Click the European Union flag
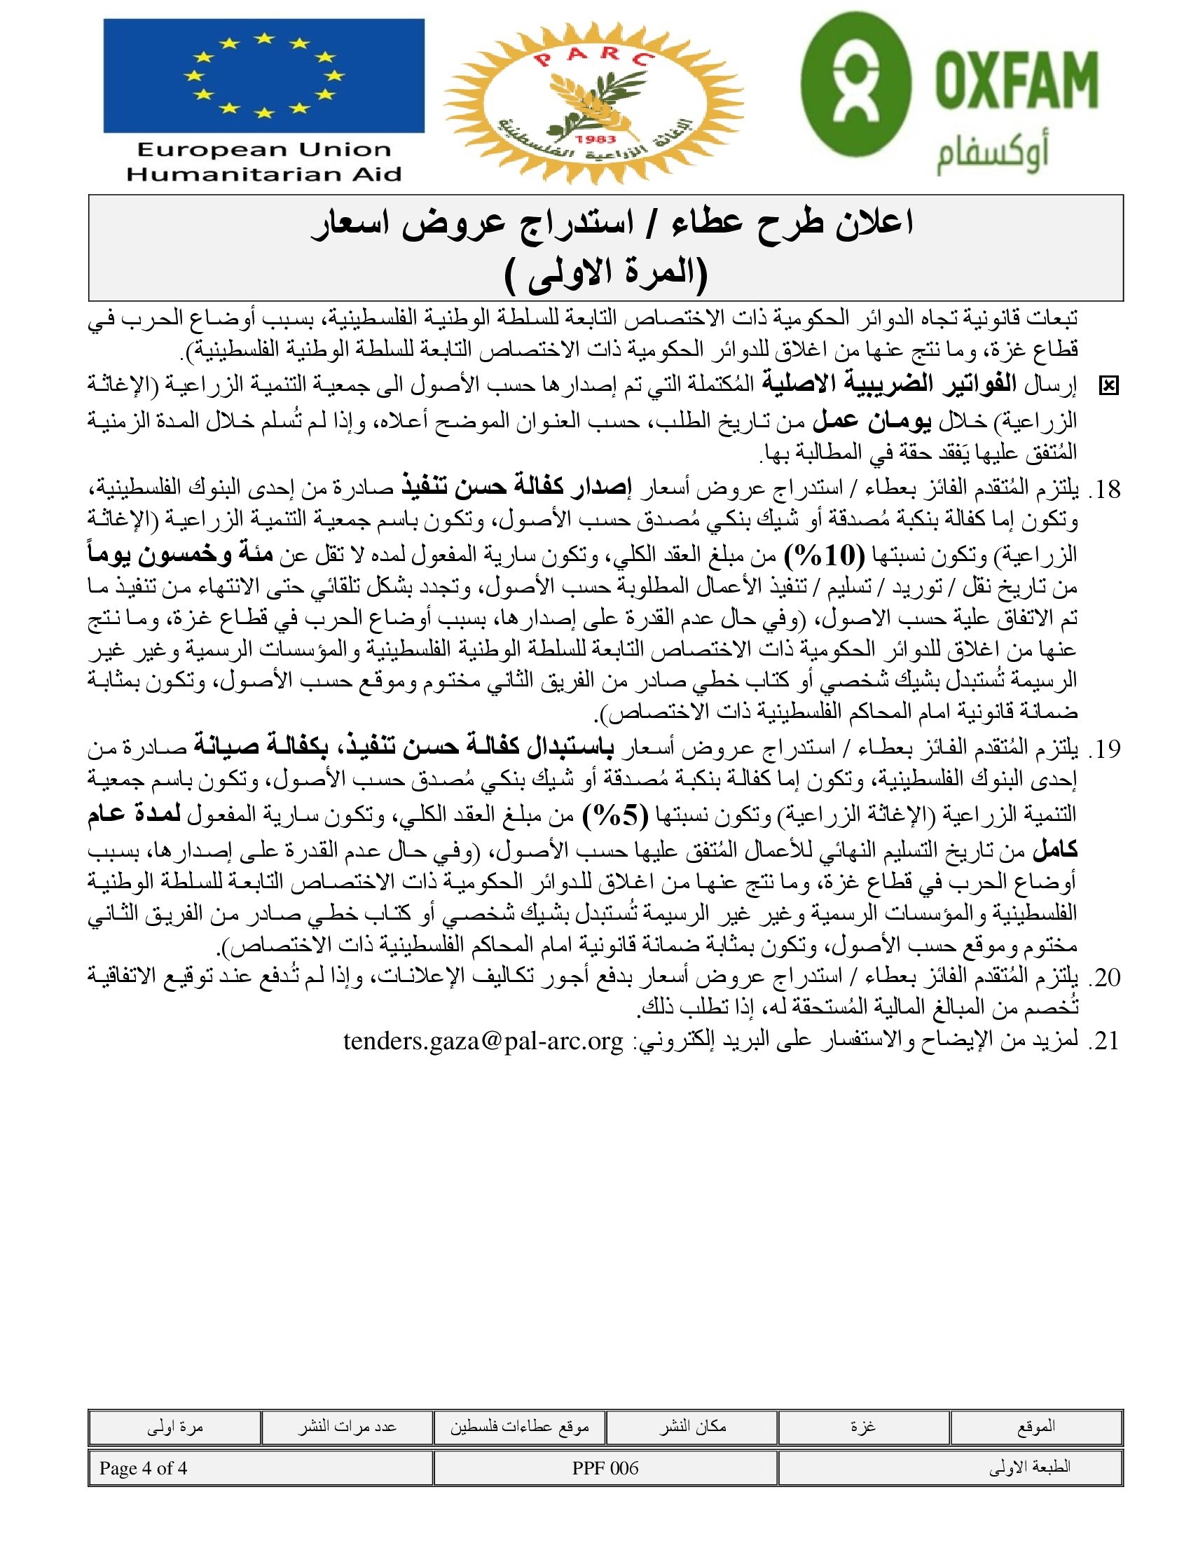click(263, 76)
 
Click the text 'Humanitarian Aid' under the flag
click(264, 174)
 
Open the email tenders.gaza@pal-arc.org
click(483, 1041)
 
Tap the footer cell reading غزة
click(864, 1427)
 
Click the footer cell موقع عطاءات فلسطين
click(519, 1427)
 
